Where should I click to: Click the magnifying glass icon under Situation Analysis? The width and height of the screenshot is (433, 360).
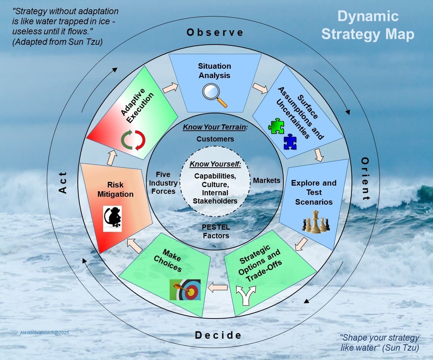[214, 94]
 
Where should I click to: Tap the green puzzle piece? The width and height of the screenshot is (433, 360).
[276, 126]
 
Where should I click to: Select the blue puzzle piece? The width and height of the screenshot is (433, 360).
[290, 142]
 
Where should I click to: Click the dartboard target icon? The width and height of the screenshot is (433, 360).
[185, 289]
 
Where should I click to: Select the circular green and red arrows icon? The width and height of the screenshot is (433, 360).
[133, 140]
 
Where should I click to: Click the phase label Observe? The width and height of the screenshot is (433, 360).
[215, 32]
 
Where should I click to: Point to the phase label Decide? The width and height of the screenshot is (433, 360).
[218, 335]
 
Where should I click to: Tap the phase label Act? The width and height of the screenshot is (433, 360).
[62, 183]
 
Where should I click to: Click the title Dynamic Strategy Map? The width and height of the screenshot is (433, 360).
[368, 25]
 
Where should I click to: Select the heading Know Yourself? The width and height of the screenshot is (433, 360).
[215, 164]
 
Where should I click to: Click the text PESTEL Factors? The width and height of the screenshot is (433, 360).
[216, 231]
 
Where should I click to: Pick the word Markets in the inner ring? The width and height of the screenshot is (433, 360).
[266, 180]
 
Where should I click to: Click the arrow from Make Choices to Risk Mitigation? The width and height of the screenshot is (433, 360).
[135, 246]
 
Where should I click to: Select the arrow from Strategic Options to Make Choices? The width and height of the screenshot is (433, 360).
[217, 288]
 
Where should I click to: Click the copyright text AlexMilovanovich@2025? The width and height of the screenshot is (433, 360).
[44, 332]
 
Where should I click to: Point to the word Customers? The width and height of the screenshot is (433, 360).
[215, 139]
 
